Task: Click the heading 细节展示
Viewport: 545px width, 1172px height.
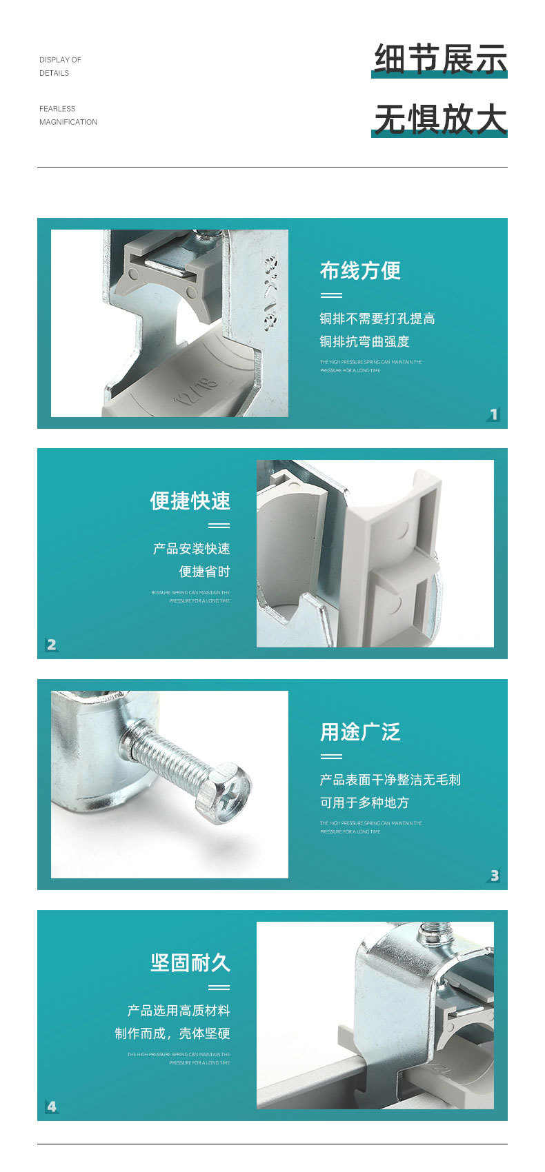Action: point(440,59)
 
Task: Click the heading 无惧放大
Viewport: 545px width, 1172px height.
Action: point(440,119)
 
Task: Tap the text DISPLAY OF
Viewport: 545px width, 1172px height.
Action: point(60,60)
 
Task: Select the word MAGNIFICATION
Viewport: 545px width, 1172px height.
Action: point(68,122)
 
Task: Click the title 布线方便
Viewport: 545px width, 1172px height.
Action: point(360,271)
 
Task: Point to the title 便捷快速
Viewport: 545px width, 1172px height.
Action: point(190,501)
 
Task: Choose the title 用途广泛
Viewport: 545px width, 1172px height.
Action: point(360,732)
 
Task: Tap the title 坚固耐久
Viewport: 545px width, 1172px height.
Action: point(190,963)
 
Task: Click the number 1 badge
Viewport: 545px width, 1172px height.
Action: point(493,414)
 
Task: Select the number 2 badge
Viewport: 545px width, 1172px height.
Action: point(52,645)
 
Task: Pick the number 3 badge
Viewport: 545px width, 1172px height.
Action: point(494,876)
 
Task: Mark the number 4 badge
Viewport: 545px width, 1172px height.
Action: point(52,1107)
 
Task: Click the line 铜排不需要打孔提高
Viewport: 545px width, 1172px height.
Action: point(377,319)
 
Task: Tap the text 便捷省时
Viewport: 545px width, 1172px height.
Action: point(204,572)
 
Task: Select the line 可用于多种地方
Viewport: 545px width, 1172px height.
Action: point(364,802)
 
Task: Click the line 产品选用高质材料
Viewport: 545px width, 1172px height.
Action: point(179,1011)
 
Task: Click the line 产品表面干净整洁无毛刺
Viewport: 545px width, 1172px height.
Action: point(390,780)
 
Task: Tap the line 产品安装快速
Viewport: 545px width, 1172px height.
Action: point(192,549)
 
